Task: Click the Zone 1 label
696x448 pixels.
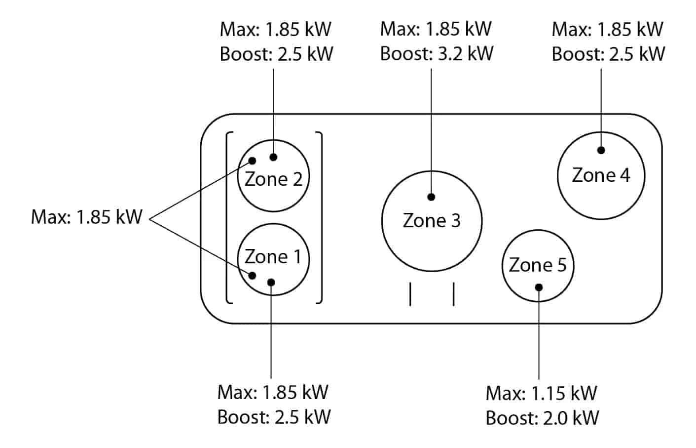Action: pyautogui.click(x=273, y=257)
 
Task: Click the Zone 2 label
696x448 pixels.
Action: pyautogui.click(x=273, y=179)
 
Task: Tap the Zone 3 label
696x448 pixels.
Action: pyautogui.click(x=432, y=221)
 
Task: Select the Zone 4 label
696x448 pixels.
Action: pyautogui.click(x=601, y=175)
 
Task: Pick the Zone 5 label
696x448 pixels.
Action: pyautogui.click(x=538, y=265)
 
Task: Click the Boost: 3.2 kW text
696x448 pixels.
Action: pyautogui.click(x=437, y=53)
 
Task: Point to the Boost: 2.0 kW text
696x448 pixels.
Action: pyautogui.click(x=542, y=418)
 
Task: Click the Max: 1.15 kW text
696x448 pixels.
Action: pyautogui.click(x=541, y=394)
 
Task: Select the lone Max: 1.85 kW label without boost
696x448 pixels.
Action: pyautogui.click(x=86, y=217)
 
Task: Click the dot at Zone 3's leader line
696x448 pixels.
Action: pyautogui.click(x=432, y=197)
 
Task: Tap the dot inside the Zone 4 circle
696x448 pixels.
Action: pyautogui.click(x=601, y=150)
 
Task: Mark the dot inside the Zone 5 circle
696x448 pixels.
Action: pyautogui.click(x=539, y=287)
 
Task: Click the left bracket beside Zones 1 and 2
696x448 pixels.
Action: pyautogui.click(x=227, y=217)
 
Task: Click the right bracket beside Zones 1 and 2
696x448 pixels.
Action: pyautogui.click(x=321, y=217)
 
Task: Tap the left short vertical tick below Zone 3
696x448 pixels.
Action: pyautogui.click(x=410, y=294)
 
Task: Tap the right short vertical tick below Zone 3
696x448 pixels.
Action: pyautogui.click(x=453, y=294)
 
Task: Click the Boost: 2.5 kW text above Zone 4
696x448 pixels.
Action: pyautogui.click(x=608, y=53)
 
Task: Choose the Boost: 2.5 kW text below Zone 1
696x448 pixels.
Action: pyautogui.click(x=274, y=417)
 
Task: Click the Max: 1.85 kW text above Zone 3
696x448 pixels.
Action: pyautogui.click(x=436, y=29)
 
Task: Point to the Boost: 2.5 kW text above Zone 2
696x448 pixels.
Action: pyautogui.click(x=276, y=53)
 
